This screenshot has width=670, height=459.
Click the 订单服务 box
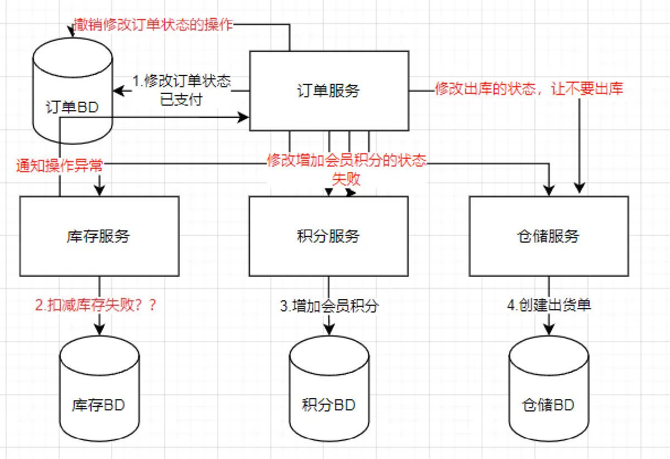[329, 91]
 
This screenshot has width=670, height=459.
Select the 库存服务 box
[99, 236]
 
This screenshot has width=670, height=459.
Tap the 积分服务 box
[329, 236]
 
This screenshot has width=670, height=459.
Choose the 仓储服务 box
[549, 236]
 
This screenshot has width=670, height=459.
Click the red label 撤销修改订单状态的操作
[153, 25]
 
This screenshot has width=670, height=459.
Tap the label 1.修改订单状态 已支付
[182, 91]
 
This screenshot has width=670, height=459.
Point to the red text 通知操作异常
[59, 166]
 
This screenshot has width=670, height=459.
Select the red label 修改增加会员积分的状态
[346, 161]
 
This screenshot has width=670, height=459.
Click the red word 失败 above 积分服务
[346, 179]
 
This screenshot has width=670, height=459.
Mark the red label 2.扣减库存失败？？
[95, 305]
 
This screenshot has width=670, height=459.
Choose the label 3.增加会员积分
[329, 306]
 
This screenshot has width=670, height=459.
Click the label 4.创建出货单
[549, 305]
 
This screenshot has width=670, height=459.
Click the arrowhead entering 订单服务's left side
[244, 117]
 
